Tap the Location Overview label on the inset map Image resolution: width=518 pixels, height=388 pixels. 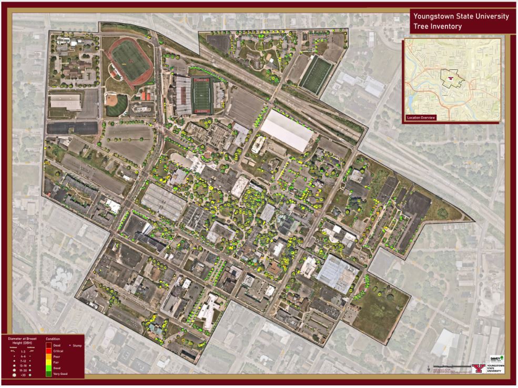click(x=421, y=117)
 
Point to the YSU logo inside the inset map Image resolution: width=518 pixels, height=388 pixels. click(x=450, y=79)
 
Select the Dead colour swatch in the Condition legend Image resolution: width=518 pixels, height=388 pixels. click(x=49, y=345)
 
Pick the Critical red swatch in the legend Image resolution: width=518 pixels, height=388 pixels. click(x=49, y=351)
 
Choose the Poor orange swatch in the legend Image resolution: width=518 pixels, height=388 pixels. click(x=49, y=356)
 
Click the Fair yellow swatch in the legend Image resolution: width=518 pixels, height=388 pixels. click(x=49, y=362)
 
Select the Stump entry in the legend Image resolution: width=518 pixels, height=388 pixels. click(x=74, y=345)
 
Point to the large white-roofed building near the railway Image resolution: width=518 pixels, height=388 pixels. click(x=287, y=129)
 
